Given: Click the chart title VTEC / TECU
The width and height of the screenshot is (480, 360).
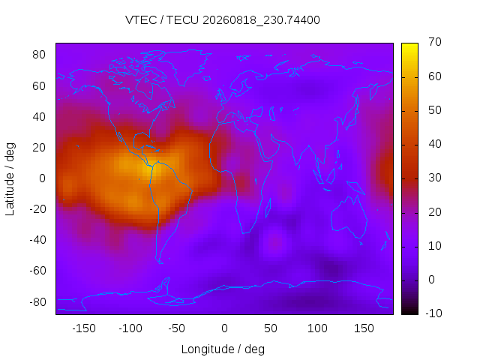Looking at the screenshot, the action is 162,20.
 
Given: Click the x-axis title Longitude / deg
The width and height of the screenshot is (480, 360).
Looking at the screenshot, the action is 223,349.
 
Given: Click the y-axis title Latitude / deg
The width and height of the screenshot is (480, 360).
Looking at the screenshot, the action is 10,179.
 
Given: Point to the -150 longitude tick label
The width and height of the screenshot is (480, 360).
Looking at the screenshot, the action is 84,328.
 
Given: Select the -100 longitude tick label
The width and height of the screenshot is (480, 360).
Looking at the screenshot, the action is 130,328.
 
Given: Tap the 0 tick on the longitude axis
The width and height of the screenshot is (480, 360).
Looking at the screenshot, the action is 224,328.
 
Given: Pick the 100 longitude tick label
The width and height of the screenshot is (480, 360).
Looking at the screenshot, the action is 317,328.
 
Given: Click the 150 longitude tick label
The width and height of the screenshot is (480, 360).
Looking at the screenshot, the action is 364,328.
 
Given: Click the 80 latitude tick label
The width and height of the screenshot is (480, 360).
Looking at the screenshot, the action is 39,55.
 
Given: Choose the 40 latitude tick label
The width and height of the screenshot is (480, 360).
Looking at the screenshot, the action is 39,117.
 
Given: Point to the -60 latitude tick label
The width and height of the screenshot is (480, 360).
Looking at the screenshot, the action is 37,271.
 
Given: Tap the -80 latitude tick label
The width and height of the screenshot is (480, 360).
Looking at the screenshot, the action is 37,302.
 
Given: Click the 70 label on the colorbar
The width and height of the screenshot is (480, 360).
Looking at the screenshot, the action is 435,42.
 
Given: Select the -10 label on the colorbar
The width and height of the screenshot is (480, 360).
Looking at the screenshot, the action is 433,313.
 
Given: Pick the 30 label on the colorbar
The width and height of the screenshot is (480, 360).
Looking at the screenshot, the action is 435,178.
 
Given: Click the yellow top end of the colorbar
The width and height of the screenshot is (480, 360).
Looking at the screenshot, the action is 409,45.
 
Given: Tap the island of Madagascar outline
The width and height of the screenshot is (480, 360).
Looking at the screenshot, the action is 268,208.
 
